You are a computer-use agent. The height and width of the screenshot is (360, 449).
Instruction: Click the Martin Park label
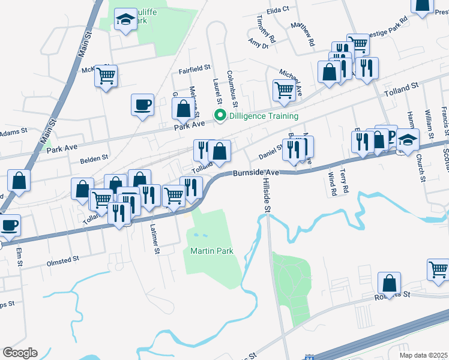point(212,250)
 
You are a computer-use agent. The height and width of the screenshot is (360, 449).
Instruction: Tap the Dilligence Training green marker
point(220,116)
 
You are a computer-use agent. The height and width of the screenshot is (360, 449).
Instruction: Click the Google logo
point(20,353)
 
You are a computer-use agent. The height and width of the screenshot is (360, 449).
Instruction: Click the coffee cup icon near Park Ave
point(143,104)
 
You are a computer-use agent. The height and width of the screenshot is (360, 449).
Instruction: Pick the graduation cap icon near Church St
point(408,140)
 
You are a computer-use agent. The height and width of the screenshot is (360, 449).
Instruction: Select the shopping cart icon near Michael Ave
point(283,90)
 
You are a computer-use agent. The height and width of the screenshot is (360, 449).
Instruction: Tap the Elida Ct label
point(278,10)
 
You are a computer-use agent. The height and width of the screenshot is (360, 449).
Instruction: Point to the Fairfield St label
point(195,70)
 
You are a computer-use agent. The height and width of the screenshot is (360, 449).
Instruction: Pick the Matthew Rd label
point(302,34)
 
